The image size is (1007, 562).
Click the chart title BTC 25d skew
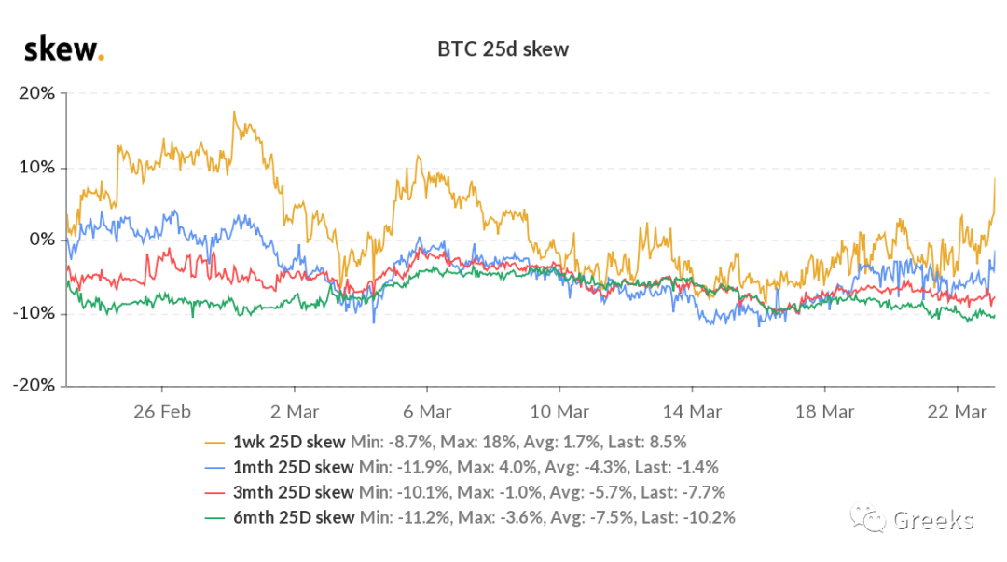click(503, 49)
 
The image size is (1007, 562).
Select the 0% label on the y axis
click(42, 240)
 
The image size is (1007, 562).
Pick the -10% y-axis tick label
click(34, 313)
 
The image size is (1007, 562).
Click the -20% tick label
click(34, 386)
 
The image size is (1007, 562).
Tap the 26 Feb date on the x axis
click(162, 411)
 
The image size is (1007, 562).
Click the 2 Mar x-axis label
click(295, 411)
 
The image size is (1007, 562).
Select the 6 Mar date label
click(427, 411)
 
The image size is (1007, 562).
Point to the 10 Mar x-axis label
click(559, 411)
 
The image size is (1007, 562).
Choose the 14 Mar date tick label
click(691, 411)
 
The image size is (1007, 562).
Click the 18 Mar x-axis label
click(824, 411)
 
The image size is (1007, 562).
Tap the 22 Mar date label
click(957, 411)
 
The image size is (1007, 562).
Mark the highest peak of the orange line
click(234, 112)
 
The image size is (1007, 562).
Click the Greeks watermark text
click(932, 520)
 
